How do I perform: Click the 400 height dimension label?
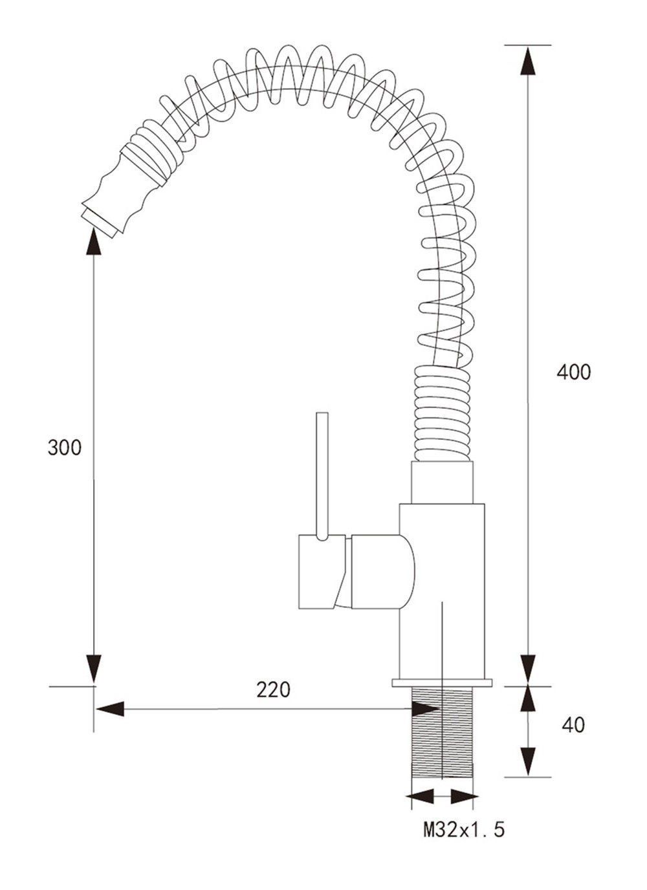click(x=573, y=373)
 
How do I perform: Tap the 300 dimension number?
click(x=65, y=448)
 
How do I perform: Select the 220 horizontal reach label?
click(x=273, y=689)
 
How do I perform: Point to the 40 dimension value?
click(x=573, y=725)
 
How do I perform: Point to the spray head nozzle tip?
click(x=100, y=223)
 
